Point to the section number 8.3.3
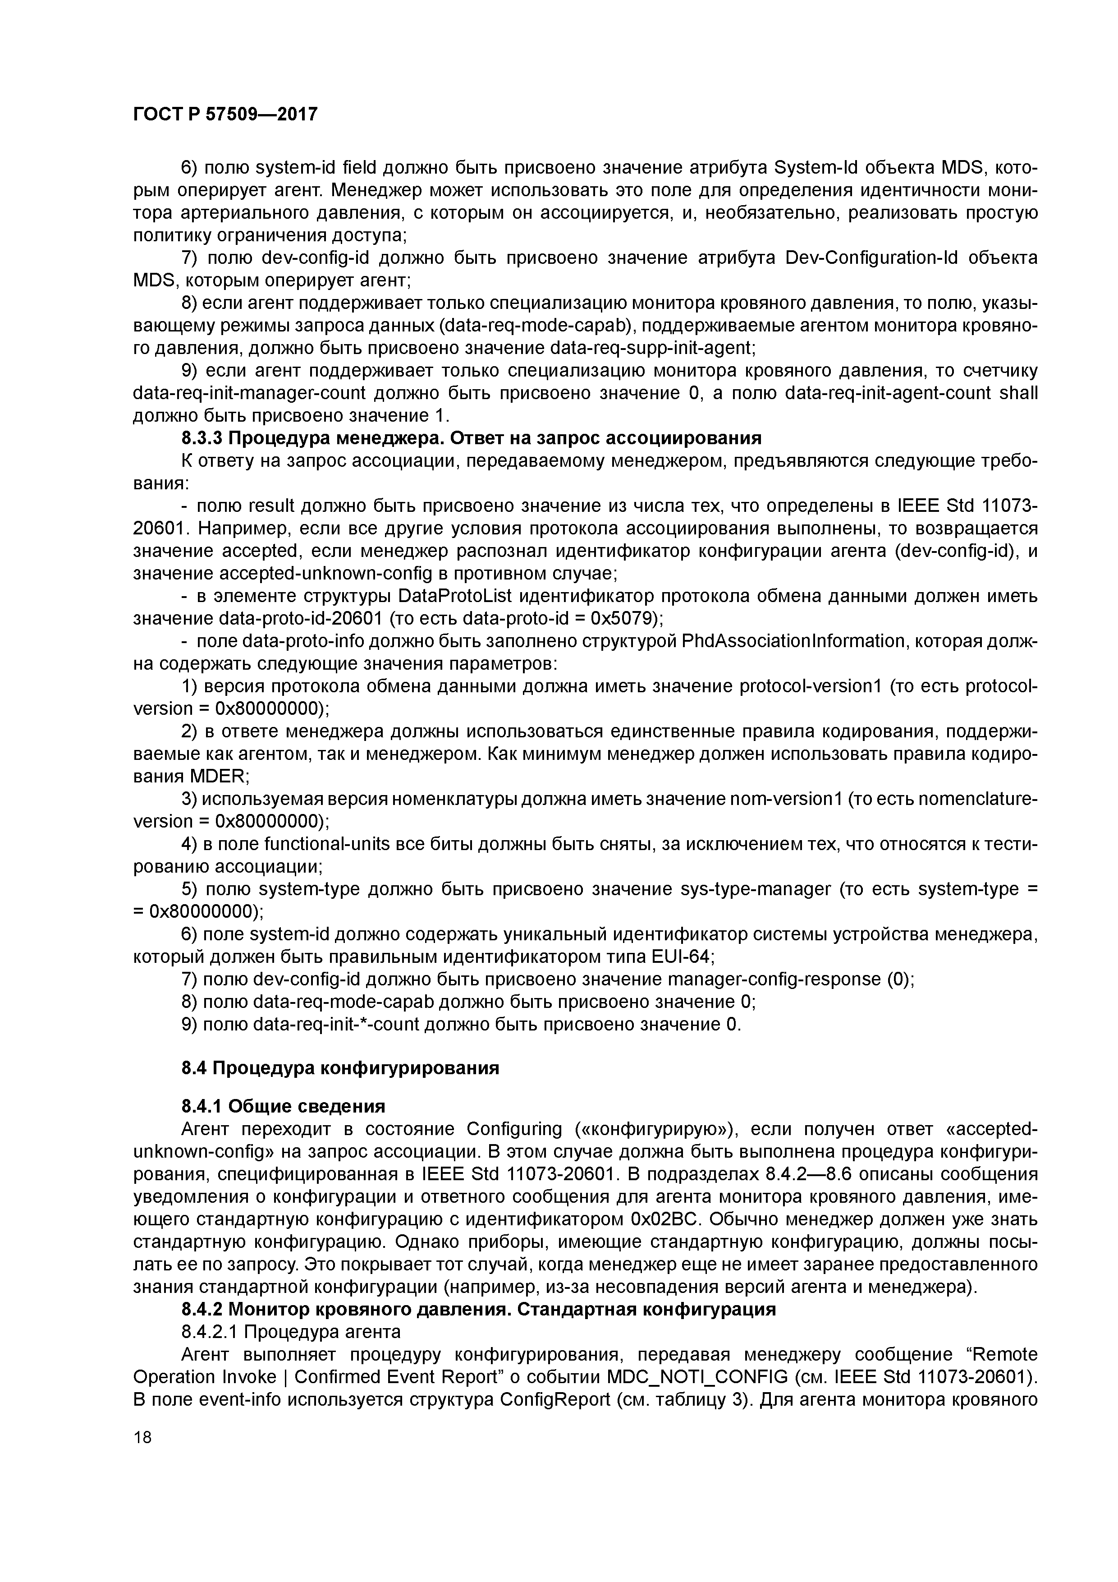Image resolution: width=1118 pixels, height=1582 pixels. (201, 438)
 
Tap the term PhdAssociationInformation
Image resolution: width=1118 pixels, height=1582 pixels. (783, 641)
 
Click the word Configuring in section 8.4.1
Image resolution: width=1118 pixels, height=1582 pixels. (514, 1129)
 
